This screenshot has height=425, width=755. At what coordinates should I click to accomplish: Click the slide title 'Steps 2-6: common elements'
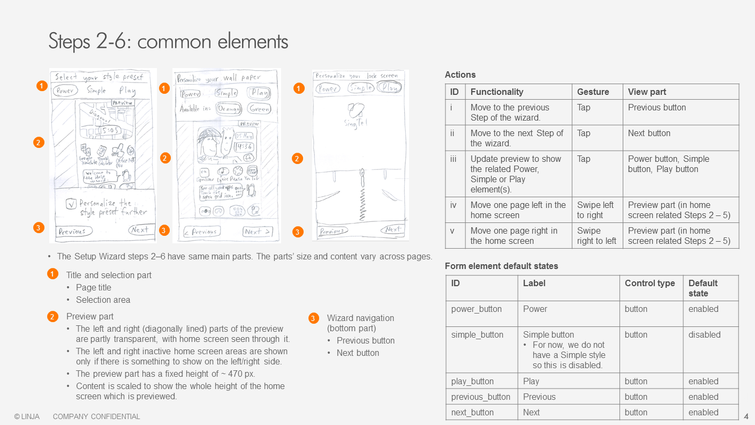(168, 41)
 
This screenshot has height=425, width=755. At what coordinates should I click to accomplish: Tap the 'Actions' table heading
(460, 74)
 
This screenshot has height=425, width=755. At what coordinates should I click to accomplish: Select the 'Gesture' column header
(593, 92)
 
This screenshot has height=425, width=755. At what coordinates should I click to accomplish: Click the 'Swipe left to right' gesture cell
(595, 210)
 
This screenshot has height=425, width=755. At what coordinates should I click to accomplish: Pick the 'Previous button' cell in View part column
(656, 107)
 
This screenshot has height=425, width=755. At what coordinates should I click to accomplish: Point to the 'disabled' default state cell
(704, 334)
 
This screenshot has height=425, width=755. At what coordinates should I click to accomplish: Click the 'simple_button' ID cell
(477, 334)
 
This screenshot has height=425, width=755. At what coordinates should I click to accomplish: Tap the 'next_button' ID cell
(472, 412)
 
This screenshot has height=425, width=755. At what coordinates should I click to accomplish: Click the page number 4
(746, 416)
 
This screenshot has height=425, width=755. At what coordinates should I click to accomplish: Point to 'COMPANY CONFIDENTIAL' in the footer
(96, 416)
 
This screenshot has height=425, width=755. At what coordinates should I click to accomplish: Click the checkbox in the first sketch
(71, 204)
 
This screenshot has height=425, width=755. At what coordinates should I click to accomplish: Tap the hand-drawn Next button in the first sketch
(139, 230)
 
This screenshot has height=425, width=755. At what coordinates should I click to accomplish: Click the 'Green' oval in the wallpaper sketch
(260, 109)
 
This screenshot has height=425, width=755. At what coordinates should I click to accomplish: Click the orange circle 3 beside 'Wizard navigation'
(314, 318)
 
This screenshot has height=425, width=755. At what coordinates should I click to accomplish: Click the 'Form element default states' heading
(501, 266)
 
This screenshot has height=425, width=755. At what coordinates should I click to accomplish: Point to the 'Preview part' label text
(89, 316)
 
